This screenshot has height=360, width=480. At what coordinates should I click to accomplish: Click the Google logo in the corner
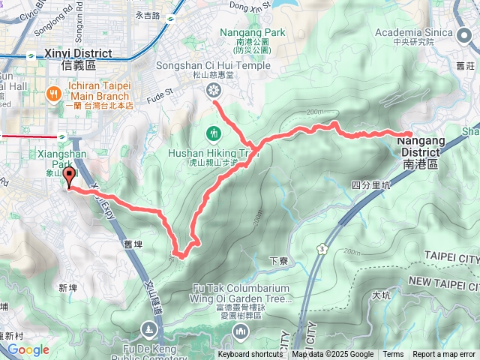coord(28,349)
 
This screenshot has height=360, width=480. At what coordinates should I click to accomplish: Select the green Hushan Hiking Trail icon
coord(214,133)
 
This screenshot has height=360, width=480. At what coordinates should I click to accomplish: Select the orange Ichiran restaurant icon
coord(53,93)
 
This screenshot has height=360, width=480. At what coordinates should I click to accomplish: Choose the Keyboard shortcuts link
coord(250,355)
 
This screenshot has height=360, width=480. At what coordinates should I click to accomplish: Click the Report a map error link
coord(445,355)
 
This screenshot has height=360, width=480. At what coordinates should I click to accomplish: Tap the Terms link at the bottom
coord(393,355)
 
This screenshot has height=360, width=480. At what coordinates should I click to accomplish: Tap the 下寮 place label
coord(278,261)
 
